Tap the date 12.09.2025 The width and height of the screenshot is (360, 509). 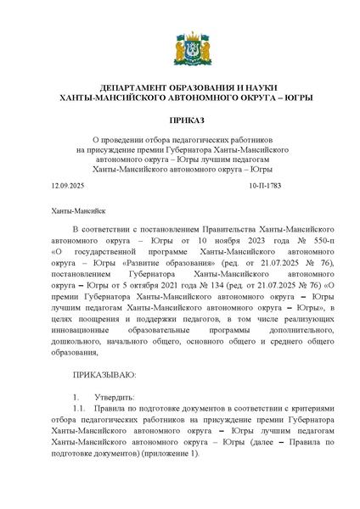tap(68, 185)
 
